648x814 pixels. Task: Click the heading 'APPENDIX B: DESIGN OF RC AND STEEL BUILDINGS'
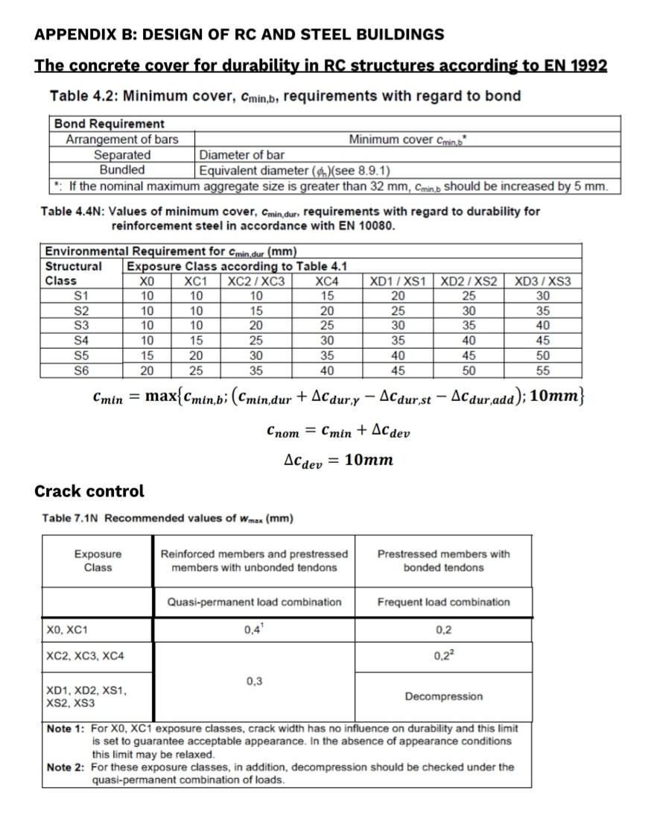tap(239, 34)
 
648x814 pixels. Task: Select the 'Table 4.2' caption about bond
tap(285, 96)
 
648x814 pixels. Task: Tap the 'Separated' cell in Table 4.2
tap(122, 155)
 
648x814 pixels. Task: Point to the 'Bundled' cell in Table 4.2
tap(122, 169)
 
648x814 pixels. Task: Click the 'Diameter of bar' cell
tap(241, 155)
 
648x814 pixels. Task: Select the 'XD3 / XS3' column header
tap(543, 281)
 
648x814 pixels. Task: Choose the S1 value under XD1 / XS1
tap(398, 296)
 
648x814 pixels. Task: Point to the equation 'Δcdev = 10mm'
tap(339, 460)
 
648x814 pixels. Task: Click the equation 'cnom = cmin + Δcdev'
tap(337, 432)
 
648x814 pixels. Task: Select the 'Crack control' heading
tap(89, 491)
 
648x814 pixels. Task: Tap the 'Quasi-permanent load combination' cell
tap(254, 602)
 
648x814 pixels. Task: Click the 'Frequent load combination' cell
tap(443, 602)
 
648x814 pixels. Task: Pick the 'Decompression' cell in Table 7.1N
tap(443, 696)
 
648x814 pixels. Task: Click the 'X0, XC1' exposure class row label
tap(67, 631)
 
